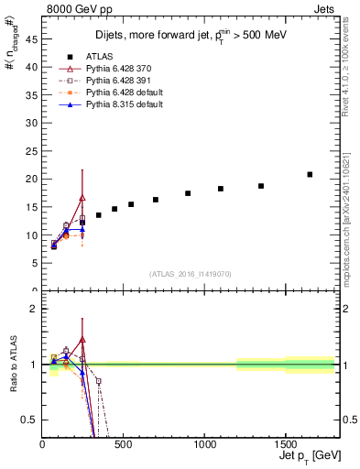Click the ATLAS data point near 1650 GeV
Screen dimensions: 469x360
(310, 174)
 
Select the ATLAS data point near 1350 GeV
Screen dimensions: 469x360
(261, 186)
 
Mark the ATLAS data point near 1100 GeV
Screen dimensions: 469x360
(221, 189)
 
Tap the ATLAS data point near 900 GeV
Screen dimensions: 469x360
(188, 193)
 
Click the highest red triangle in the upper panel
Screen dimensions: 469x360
(82, 198)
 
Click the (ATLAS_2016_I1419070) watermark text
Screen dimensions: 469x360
(191, 273)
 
